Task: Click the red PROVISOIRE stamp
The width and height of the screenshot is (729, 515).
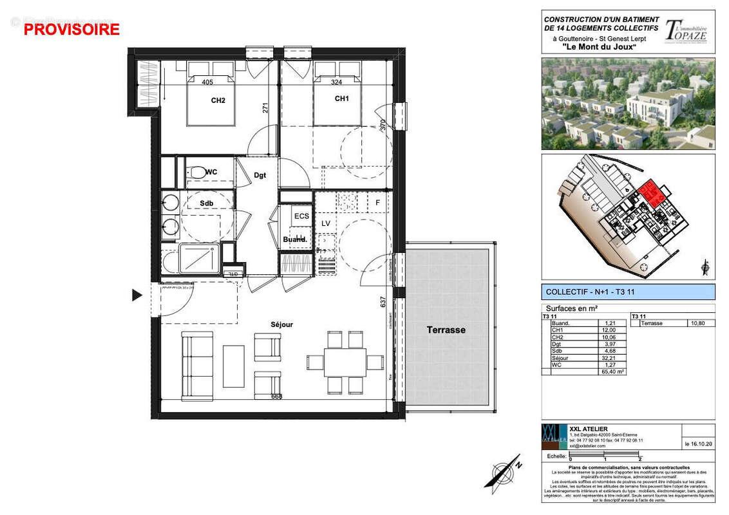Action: pos(71,29)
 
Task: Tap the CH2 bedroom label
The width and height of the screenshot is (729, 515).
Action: pos(218,100)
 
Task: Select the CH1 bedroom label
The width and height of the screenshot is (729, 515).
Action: pos(341,98)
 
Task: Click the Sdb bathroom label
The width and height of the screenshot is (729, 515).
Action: pos(206,203)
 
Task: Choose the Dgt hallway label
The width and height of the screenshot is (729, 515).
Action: pos(260,174)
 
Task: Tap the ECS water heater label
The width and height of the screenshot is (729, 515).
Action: pos(301,216)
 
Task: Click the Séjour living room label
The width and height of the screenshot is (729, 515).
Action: pos(281,324)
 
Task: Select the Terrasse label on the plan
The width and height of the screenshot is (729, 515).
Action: pos(446,330)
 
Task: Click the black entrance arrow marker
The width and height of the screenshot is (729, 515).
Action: pos(137,295)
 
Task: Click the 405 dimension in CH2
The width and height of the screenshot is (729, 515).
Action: pos(207,82)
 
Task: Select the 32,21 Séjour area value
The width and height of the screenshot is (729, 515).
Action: pos(609,358)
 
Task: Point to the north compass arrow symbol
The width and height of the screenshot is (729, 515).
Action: pos(504,473)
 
